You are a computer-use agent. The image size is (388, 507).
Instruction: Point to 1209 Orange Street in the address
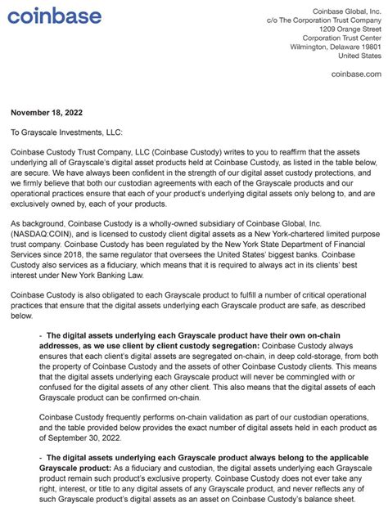[x=350, y=27]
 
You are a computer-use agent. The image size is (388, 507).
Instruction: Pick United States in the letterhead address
[x=359, y=56]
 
